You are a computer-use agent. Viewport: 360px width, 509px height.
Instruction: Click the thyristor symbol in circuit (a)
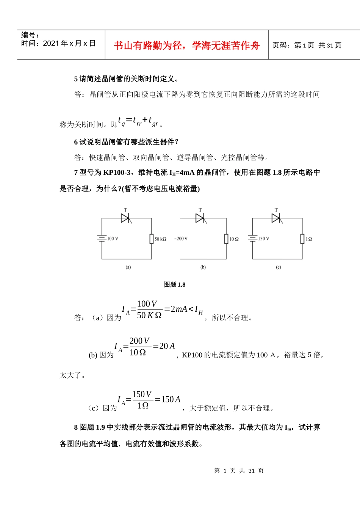pos(125,218)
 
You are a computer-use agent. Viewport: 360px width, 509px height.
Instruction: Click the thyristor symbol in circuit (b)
pos(200,218)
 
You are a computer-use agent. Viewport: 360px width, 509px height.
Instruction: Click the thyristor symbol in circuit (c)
pos(276,218)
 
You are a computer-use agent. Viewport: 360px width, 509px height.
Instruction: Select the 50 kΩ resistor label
pos(160,239)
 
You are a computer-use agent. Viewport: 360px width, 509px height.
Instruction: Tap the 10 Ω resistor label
pos(234,239)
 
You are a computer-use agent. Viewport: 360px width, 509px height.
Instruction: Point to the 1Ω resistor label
pos(309,239)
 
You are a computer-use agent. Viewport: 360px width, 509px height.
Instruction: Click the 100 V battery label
pos(113,239)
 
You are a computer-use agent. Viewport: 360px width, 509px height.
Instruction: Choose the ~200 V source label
pos(181,239)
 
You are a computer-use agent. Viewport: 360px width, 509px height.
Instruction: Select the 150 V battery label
pos(264,239)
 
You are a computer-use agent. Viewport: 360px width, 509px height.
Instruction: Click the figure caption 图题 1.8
pos(175,284)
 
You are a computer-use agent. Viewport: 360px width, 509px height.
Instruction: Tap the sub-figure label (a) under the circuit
pos(128,267)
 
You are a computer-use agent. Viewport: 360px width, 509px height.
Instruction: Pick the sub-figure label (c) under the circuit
pos(279,267)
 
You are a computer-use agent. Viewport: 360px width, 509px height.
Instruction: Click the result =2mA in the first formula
pos(176,309)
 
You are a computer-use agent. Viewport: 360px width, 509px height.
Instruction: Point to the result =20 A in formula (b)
pos(164,346)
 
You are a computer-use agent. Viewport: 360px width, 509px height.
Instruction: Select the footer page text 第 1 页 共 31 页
pos(239,471)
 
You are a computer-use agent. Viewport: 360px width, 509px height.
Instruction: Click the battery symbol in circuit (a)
pos(102,239)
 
